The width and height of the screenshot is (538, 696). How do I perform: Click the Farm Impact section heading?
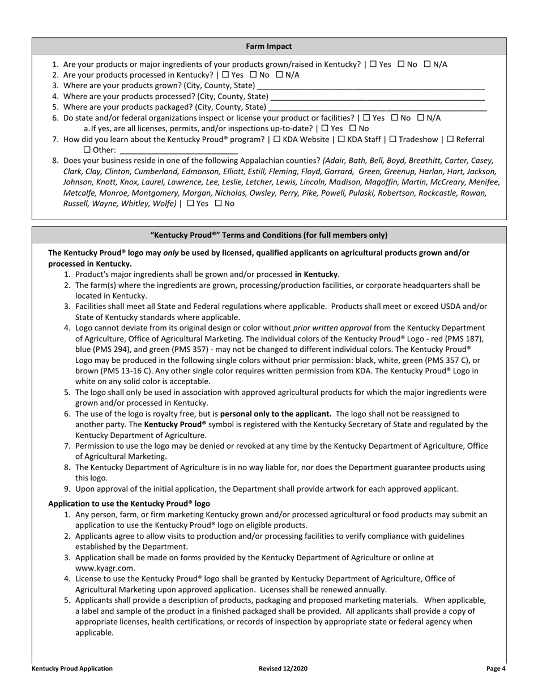click(x=269, y=46)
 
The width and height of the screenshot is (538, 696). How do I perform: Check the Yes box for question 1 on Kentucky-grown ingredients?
click(x=373, y=65)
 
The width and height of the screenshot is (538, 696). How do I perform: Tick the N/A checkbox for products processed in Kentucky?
click(x=279, y=75)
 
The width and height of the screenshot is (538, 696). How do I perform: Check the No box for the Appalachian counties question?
click(x=219, y=204)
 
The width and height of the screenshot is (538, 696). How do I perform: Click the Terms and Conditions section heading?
click(x=269, y=235)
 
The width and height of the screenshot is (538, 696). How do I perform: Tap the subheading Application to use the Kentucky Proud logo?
click(x=129, y=503)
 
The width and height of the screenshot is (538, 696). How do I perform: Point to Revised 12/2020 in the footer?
click(x=283, y=668)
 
